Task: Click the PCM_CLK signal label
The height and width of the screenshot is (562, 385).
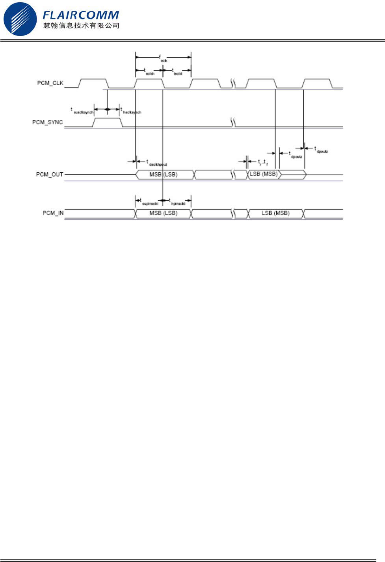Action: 50,83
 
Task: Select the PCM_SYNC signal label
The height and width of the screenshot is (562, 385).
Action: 47,122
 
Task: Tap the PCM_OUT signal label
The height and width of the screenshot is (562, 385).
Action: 50,174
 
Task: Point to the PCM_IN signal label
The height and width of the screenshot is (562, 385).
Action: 53,213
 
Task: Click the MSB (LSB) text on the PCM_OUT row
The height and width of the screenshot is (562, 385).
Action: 163,174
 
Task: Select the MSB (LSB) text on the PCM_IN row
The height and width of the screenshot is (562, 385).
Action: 163,213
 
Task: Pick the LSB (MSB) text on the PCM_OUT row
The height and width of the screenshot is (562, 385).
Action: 264,174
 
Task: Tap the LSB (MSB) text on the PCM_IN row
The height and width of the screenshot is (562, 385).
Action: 275,213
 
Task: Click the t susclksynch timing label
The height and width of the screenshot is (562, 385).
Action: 82,111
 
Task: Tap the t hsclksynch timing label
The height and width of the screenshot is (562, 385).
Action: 131,111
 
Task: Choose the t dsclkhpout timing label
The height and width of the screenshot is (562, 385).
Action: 157,163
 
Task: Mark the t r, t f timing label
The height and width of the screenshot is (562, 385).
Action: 263,162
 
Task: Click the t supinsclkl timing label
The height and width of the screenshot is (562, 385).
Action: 149,202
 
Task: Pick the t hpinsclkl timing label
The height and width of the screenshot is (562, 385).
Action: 177,202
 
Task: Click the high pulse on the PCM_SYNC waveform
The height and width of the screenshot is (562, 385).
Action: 108,122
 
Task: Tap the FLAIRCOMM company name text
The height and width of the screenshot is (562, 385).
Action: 81,15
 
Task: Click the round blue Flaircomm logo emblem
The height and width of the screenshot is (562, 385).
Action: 20,19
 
